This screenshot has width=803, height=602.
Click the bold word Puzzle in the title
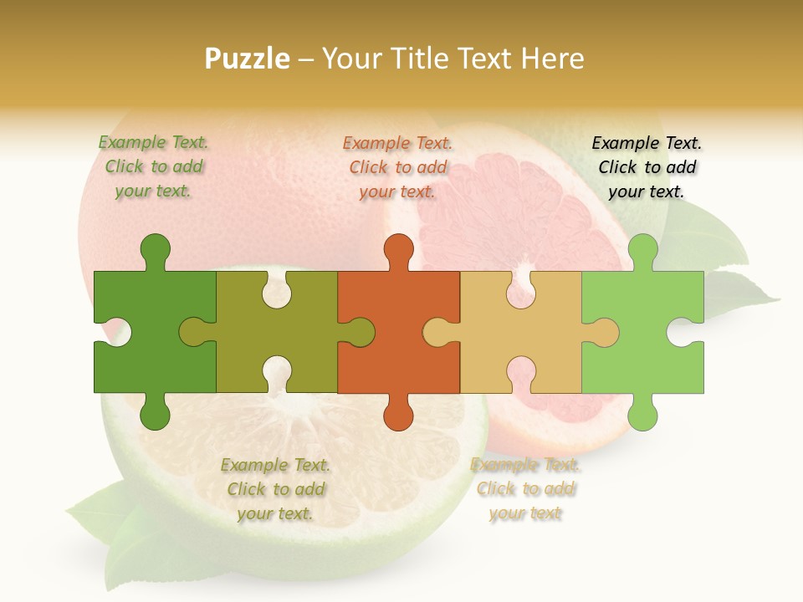pos(248,59)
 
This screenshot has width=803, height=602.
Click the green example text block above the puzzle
pos(153,167)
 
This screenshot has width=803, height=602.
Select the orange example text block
pos(397,167)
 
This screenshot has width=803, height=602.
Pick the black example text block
pos(647,167)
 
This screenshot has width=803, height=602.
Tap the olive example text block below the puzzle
pos(275,489)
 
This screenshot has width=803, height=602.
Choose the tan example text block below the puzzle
pos(525,489)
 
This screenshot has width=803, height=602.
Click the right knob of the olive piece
pos(360,333)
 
